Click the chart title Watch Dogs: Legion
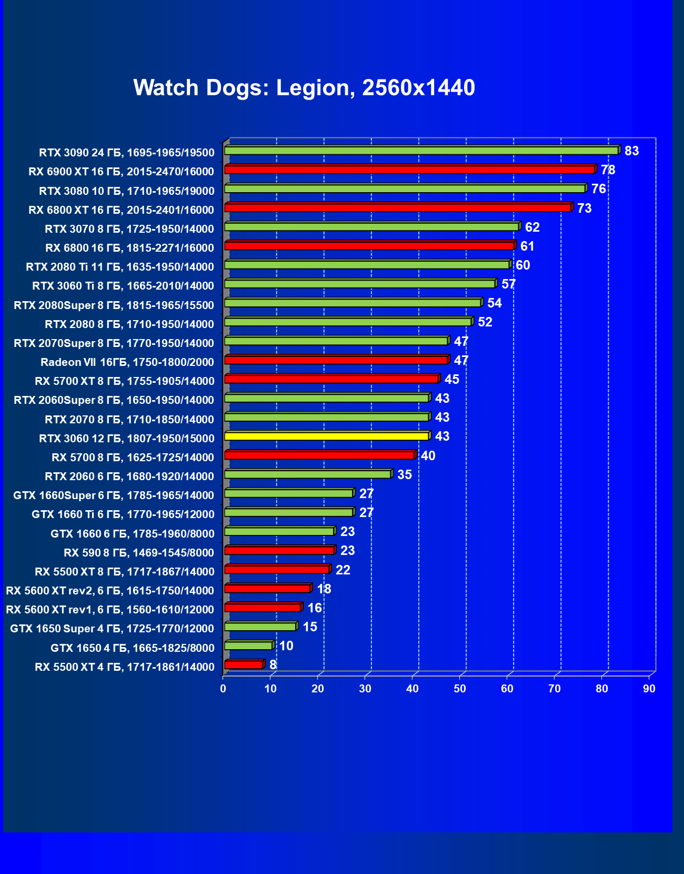[304, 87]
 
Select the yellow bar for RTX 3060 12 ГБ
[326, 436]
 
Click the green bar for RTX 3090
[421, 151]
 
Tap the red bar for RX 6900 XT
[409, 170]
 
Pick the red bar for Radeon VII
[336, 360]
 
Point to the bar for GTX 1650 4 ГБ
[248, 645]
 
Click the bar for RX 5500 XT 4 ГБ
[244, 665]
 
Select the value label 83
[631, 151]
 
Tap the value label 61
[527, 246]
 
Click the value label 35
[404, 475]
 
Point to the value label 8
[273, 665]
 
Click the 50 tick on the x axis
[460, 689]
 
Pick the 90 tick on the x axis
[649, 689]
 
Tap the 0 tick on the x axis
[223, 689]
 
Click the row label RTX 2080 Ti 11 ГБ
[120, 267]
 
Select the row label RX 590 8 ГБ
[139, 553]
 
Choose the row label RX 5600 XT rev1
[110, 610]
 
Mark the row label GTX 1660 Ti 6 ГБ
[123, 514]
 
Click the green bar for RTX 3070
[371, 227]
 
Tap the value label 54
[494, 303]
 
